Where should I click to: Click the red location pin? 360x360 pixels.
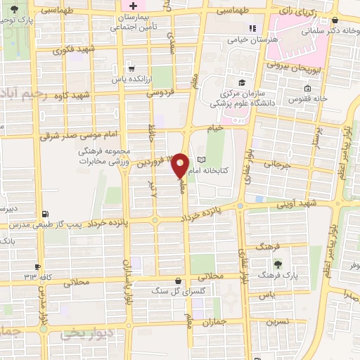[x=180, y=166]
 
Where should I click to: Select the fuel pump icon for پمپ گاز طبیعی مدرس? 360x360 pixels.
[x=46, y=214]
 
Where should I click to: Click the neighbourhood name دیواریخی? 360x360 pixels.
[x=89, y=333]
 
